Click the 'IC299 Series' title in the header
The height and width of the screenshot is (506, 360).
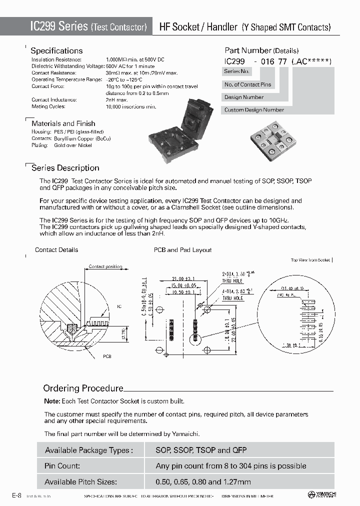tap(59, 27)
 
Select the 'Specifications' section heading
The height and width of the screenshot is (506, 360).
tap(56, 50)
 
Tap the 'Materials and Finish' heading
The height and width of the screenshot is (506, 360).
tap(63, 123)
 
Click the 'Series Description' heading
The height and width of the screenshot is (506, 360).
tap(65, 168)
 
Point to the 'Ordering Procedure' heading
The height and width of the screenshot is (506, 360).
tap(83, 388)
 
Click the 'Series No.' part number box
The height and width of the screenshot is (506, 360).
tap(236, 71)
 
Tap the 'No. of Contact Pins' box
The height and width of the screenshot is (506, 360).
tap(247, 84)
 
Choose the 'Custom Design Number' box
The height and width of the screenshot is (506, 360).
tap(254, 110)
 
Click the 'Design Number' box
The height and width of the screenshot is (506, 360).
tap(244, 97)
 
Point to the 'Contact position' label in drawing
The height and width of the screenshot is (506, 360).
tap(105, 266)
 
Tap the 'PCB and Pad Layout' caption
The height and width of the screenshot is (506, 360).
tap(182, 250)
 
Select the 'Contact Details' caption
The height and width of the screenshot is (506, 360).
tap(56, 250)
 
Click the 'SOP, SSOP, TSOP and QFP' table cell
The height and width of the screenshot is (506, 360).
tap(201, 450)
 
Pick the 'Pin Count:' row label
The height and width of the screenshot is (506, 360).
tap(62, 465)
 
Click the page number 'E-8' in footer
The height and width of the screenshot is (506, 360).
tap(16, 495)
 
